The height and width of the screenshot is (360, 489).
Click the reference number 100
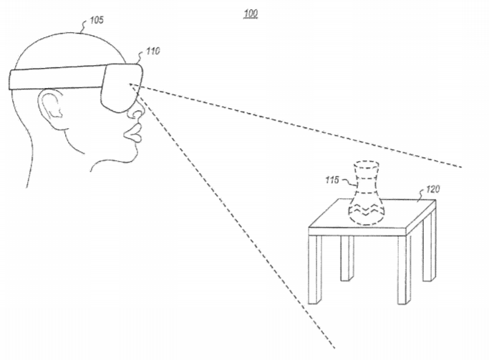[x=251, y=14]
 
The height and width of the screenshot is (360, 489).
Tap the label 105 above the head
[x=97, y=20]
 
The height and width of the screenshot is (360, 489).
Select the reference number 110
[x=152, y=51]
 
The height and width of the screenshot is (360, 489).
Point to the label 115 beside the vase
[x=332, y=180]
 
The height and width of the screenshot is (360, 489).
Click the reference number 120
[x=433, y=189]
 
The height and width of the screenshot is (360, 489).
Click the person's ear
[x=50, y=107]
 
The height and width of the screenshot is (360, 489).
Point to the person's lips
[x=133, y=133]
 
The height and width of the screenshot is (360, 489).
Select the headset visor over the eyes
[x=122, y=87]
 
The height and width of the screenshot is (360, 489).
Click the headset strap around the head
[x=56, y=77]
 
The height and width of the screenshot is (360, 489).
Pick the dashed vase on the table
[x=367, y=193]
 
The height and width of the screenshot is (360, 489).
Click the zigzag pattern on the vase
[x=367, y=210]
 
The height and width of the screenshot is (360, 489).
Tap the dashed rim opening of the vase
[x=367, y=165]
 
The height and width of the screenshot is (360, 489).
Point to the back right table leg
[x=429, y=246]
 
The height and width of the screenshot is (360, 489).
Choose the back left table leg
[x=347, y=258]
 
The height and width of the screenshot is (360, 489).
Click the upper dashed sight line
[x=296, y=125]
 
